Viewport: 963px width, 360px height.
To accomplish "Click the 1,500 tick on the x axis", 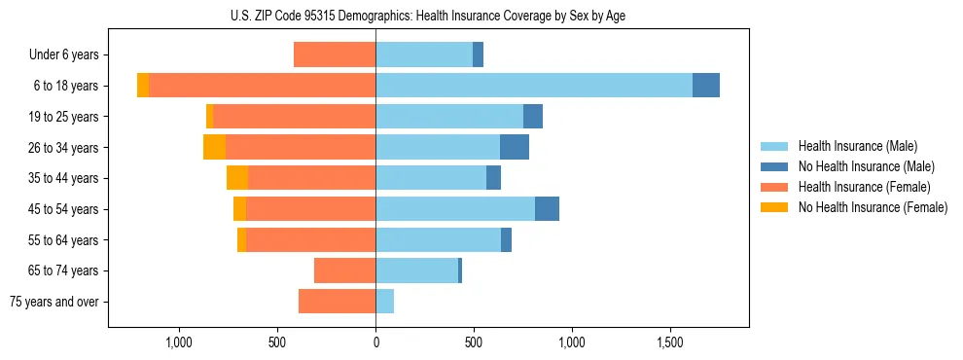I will click(x=670, y=342).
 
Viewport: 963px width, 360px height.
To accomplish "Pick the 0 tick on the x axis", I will click(x=375, y=342).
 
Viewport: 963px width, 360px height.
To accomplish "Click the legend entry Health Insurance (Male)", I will click(x=857, y=146).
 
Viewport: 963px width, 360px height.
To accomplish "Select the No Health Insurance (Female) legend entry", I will click(x=873, y=207).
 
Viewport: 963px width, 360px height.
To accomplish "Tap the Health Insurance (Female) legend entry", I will click(x=864, y=187).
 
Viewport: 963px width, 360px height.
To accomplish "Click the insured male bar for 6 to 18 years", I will click(x=534, y=86).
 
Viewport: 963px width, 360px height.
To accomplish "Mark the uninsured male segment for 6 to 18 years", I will click(x=706, y=86).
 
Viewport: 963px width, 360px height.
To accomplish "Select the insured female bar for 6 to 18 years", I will click(x=263, y=86).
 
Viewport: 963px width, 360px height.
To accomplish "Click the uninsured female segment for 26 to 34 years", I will click(x=214, y=147).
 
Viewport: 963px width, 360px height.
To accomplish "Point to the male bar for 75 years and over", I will click(x=384, y=302).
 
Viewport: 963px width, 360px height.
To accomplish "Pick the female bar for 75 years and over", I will click(x=337, y=302).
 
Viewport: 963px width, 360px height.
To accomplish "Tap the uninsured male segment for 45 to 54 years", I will click(x=547, y=209).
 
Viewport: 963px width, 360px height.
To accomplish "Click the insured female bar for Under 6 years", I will click(x=335, y=55).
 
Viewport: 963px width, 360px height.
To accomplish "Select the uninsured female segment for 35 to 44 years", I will click(x=237, y=178).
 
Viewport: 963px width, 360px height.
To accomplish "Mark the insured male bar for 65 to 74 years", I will click(x=416, y=270).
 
